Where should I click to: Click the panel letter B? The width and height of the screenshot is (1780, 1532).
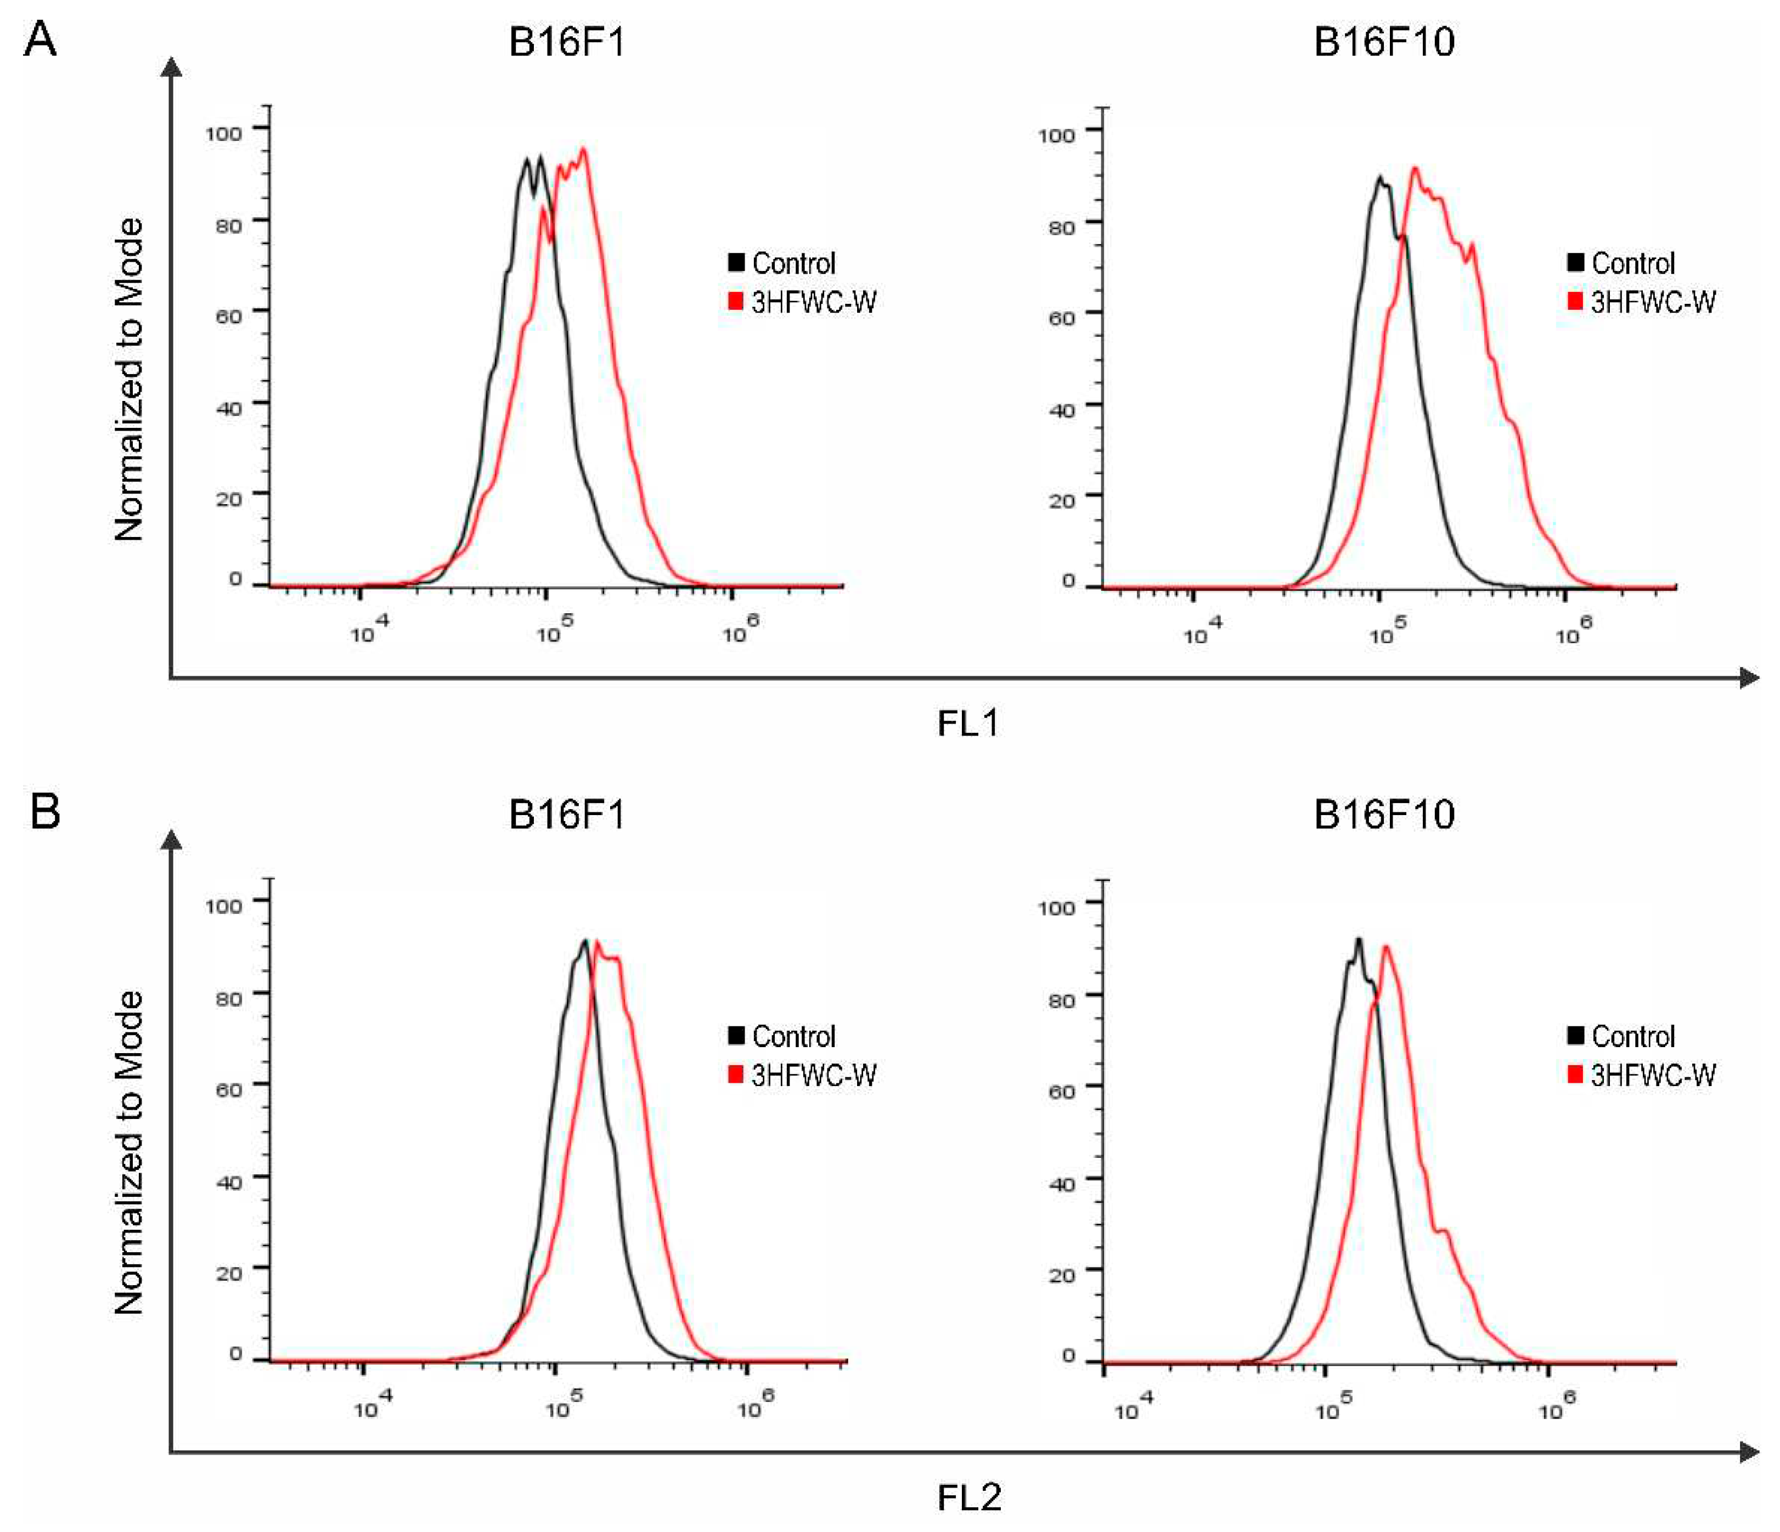click(x=44, y=811)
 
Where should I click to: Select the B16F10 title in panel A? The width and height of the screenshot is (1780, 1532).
click(x=1384, y=41)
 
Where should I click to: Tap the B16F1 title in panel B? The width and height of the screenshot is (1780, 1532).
click(x=566, y=814)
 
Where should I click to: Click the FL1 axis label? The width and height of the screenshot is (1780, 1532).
click(x=968, y=724)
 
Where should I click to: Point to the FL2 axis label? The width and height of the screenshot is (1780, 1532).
click(x=968, y=1497)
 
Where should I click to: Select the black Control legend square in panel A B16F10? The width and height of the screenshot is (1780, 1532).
click(x=1575, y=262)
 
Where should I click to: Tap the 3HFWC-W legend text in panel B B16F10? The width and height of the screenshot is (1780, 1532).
click(x=1652, y=1075)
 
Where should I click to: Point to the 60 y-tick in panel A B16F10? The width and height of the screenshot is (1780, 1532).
click(x=1061, y=318)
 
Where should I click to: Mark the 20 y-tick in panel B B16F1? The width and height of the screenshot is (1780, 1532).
click(x=228, y=1273)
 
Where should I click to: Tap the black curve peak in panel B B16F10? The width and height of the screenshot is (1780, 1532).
click(x=1358, y=940)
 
